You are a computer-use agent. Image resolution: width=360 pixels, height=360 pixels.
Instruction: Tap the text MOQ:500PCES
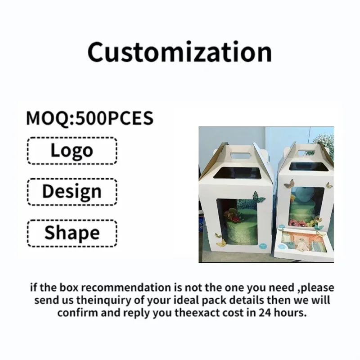[90, 118]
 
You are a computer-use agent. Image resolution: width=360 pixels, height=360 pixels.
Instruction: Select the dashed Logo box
[72, 150]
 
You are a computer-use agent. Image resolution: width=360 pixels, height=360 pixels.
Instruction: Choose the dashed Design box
[72, 191]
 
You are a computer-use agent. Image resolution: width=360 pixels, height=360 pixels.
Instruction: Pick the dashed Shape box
[72, 233]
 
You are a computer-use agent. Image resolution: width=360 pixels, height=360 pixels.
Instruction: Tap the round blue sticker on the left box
[262, 246]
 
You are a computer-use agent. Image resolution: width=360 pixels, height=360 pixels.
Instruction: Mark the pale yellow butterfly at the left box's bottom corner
[221, 243]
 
